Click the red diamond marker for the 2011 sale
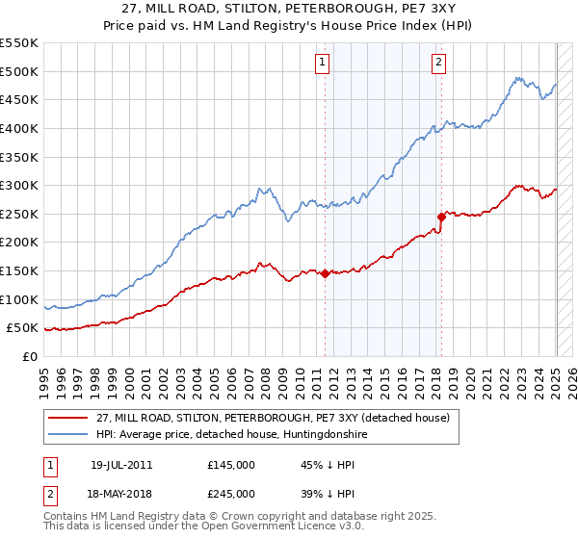tap(325, 273)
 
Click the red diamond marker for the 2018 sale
tap(441, 217)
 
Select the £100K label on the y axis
tap(19, 299)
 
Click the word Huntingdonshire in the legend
tap(320, 435)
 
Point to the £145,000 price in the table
tap(231, 465)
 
